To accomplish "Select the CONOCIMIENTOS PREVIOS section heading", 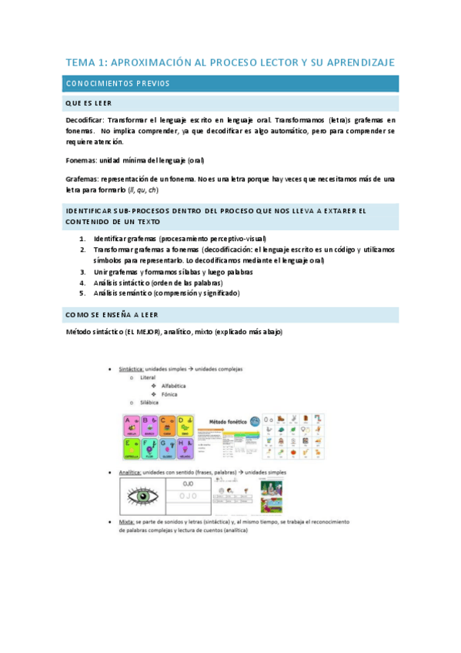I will pyautogui.click(x=118, y=83).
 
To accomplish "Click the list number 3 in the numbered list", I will pyautogui.click(x=82, y=272).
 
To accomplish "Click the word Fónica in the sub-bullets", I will pyautogui.click(x=171, y=394).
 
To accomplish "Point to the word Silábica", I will pyautogui.click(x=149, y=403).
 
